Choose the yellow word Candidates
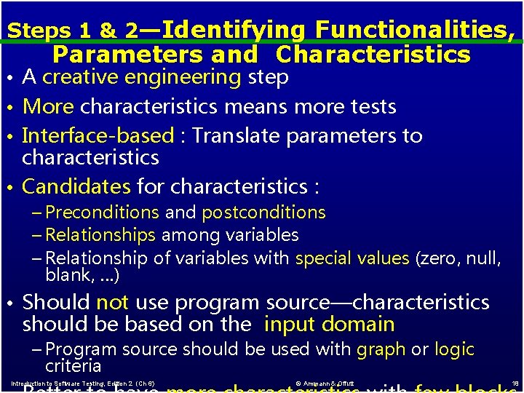pyautogui.click(x=76, y=187)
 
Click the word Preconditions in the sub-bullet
pyautogui.click(x=102, y=213)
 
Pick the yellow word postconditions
pyautogui.click(x=263, y=213)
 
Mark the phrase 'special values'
pyautogui.click(x=352, y=258)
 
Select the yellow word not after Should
pyautogui.click(x=112, y=302)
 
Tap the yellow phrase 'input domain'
pyautogui.click(x=330, y=325)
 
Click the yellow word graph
pyautogui.click(x=381, y=350)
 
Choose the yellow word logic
pyautogui.click(x=454, y=350)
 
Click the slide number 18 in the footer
pyautogui.click(x=515, y=383)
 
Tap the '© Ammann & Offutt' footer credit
pyautogui.click(x=326, y=384)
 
